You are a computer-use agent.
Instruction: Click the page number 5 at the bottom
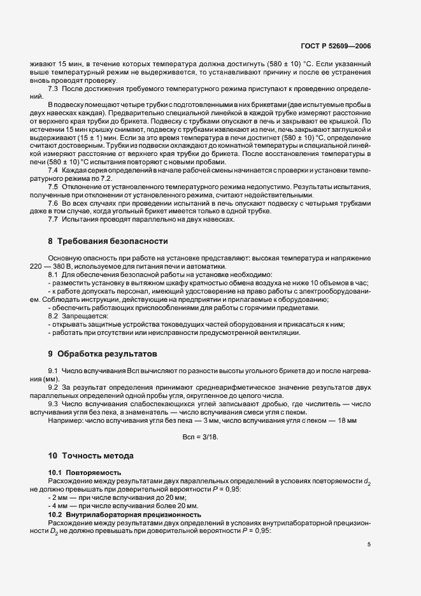click(x=369, y=544)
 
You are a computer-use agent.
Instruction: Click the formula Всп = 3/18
click(x=201, y=437)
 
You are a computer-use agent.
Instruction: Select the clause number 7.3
click(x=54, y=88)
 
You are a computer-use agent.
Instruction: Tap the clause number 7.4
click(x=54, y=171)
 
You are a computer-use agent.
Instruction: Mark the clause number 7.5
click(x=54, y=187)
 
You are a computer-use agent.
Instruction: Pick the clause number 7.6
click(x=54, y=203)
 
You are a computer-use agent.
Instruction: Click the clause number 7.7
click(x=54, y=220)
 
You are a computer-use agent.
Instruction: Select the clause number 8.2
click(x=54, y=316)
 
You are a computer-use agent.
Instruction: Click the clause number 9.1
click(x=54, y=371)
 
